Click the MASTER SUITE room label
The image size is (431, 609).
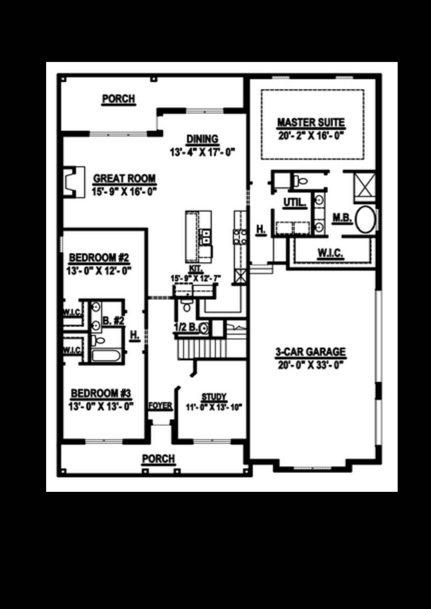(x=311, y=122)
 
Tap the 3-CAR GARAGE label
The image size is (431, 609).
(x=310, y=352)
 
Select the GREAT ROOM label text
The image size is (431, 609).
(x=124, y=178)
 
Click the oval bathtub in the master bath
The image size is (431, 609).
(x=366, y=219)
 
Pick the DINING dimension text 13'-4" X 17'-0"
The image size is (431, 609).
(x=202, y=152)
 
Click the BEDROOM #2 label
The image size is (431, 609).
(x=99, y=258)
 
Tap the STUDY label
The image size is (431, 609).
(x=214, y=397)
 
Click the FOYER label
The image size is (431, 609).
(x=160, y=406)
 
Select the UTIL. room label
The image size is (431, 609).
(x=295, y=203)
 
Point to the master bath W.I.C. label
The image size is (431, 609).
(x=330, y=253)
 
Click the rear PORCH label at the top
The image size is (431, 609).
(x=118, y=99)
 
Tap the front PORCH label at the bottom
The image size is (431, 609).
(x=158, y=459)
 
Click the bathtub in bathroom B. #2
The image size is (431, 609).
(x=106, y=355)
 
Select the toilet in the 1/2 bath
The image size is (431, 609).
(x=187, y=306)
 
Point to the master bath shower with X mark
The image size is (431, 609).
(x=365, y=185)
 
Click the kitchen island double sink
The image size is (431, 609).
(x=205, y=237)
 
